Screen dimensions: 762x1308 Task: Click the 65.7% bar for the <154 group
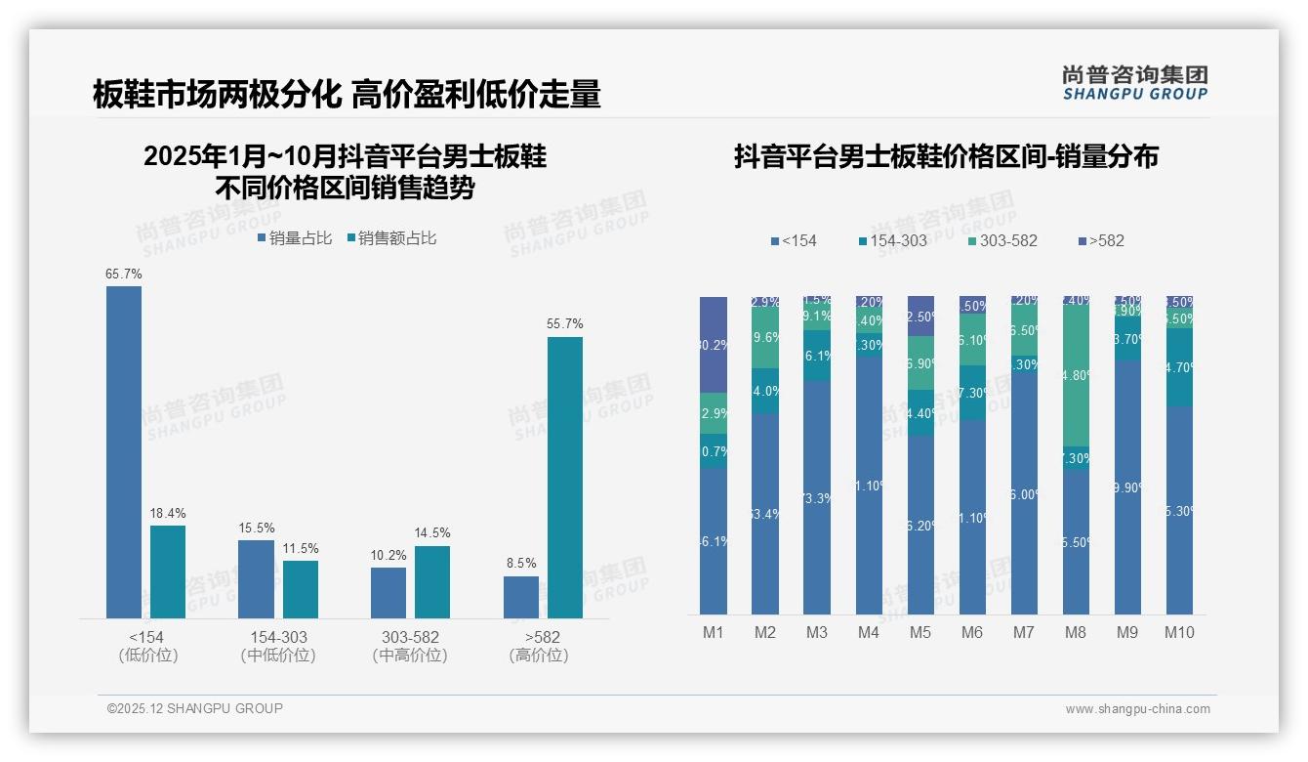click(x=124, y=451)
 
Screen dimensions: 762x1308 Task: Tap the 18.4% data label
click(x=168, y=513)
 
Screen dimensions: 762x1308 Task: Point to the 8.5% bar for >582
click(x=521, y=597)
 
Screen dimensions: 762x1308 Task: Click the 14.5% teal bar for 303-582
click(x=432, y=581)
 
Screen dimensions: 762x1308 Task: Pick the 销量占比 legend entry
click(x=295, y=237)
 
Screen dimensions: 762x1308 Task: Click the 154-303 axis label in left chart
click(x=278, y=637)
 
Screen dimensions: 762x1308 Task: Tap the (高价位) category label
click(x=539, y=656)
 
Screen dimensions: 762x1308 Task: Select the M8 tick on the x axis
click(x=1075, y=632)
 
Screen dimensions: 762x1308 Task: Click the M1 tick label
click(x=714, y=632)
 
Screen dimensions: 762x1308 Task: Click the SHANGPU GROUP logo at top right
click(x=1134, y=83)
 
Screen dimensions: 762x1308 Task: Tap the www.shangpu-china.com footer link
click(x=1137, y=709)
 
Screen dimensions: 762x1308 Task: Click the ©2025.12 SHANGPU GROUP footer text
click(x=195, y=708)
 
